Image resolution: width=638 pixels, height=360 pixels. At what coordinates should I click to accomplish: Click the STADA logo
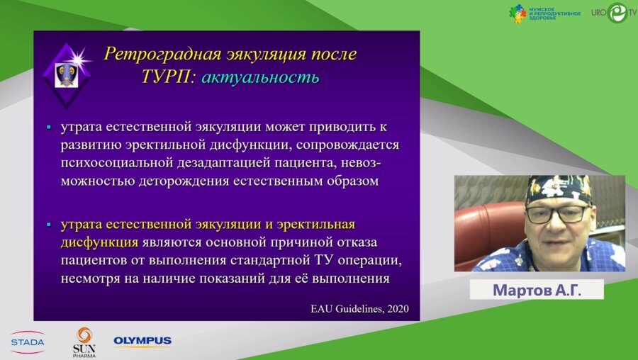27,342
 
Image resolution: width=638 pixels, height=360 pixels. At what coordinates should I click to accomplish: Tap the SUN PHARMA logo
84,341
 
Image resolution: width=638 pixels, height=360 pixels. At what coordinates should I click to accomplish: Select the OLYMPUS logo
142,341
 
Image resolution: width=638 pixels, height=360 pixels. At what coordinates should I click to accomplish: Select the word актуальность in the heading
259,77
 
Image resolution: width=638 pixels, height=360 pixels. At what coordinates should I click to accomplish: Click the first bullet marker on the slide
49,128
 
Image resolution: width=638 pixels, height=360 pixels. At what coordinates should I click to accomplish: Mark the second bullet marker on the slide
49,225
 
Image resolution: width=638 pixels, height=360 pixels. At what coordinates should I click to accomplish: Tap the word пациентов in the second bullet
96,260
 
